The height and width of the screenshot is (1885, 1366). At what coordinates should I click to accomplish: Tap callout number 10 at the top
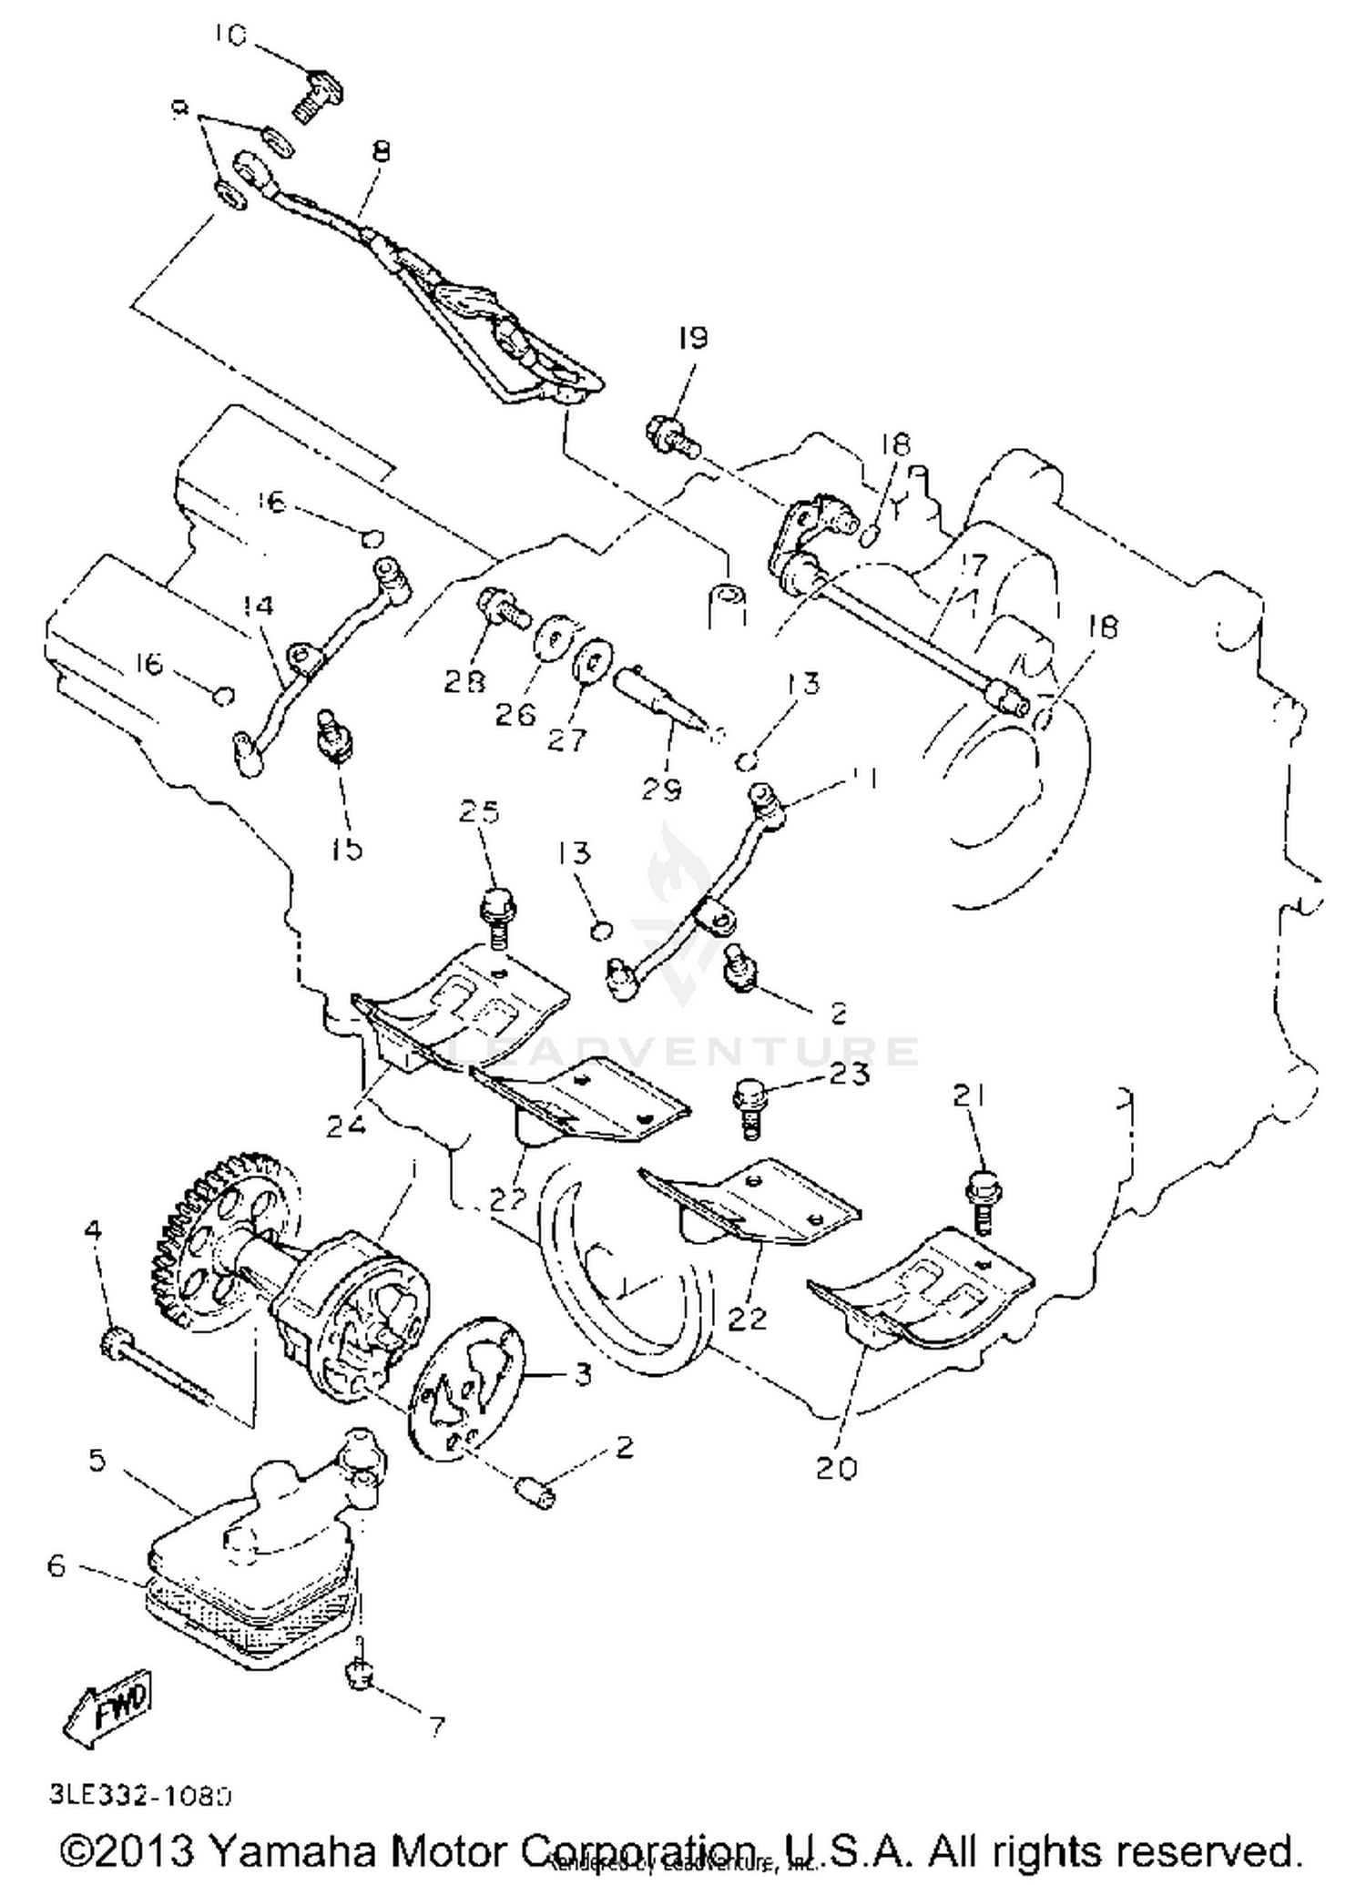(x=230, y=36)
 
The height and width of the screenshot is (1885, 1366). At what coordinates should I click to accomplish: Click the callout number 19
(x=693, y=338)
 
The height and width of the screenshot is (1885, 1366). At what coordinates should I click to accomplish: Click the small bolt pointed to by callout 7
(x=362, y=1670)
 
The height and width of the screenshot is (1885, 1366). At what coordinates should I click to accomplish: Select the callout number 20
(x=836, y=1468)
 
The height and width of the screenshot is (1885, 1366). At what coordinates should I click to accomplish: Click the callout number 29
(x=661, y=789)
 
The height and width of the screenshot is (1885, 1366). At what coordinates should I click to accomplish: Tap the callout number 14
(x=259, y=606)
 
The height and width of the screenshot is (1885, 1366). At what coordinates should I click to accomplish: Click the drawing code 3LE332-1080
(x=140, y=1796)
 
